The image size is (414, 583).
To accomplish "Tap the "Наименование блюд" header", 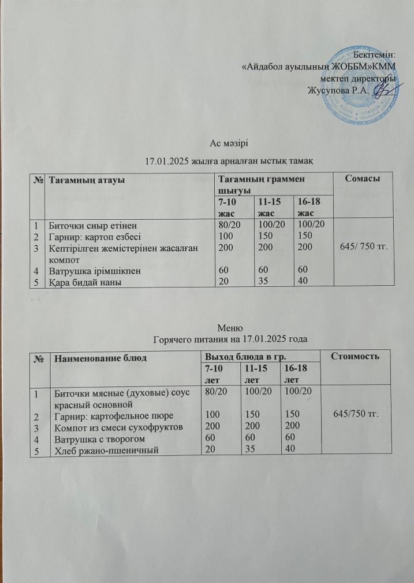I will (x=98, y=357).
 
